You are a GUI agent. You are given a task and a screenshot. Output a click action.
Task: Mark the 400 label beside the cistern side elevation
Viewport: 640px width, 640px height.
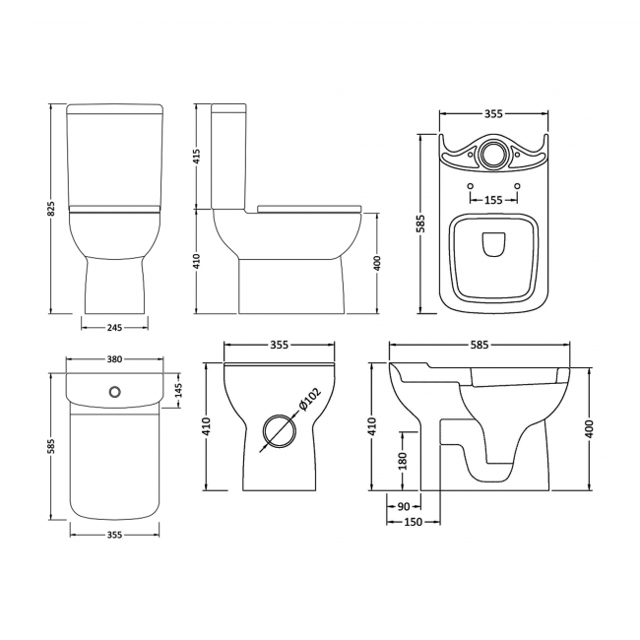coord(377,263)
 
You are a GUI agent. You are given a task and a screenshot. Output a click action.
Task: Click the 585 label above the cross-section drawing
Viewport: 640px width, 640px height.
coord(479,346)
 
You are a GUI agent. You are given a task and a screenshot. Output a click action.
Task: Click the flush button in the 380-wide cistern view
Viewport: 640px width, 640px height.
coord(115,392)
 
